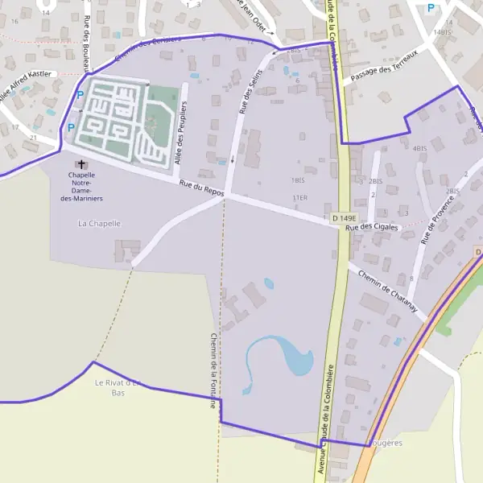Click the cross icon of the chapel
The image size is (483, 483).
click(81, 163)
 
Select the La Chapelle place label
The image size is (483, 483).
click(99, 222)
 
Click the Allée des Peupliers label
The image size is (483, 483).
click(181, 134)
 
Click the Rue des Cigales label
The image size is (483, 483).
click(372, 228)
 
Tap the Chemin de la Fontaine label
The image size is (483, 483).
click(213, 370)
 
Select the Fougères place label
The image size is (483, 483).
click(386, 443)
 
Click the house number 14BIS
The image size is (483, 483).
click(443, 32)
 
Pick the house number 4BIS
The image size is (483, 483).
click(419, 149)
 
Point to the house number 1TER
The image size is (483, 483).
click(300, 197)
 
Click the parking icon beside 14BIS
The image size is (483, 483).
click(431, 9)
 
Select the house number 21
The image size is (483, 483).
click(33, 138)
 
